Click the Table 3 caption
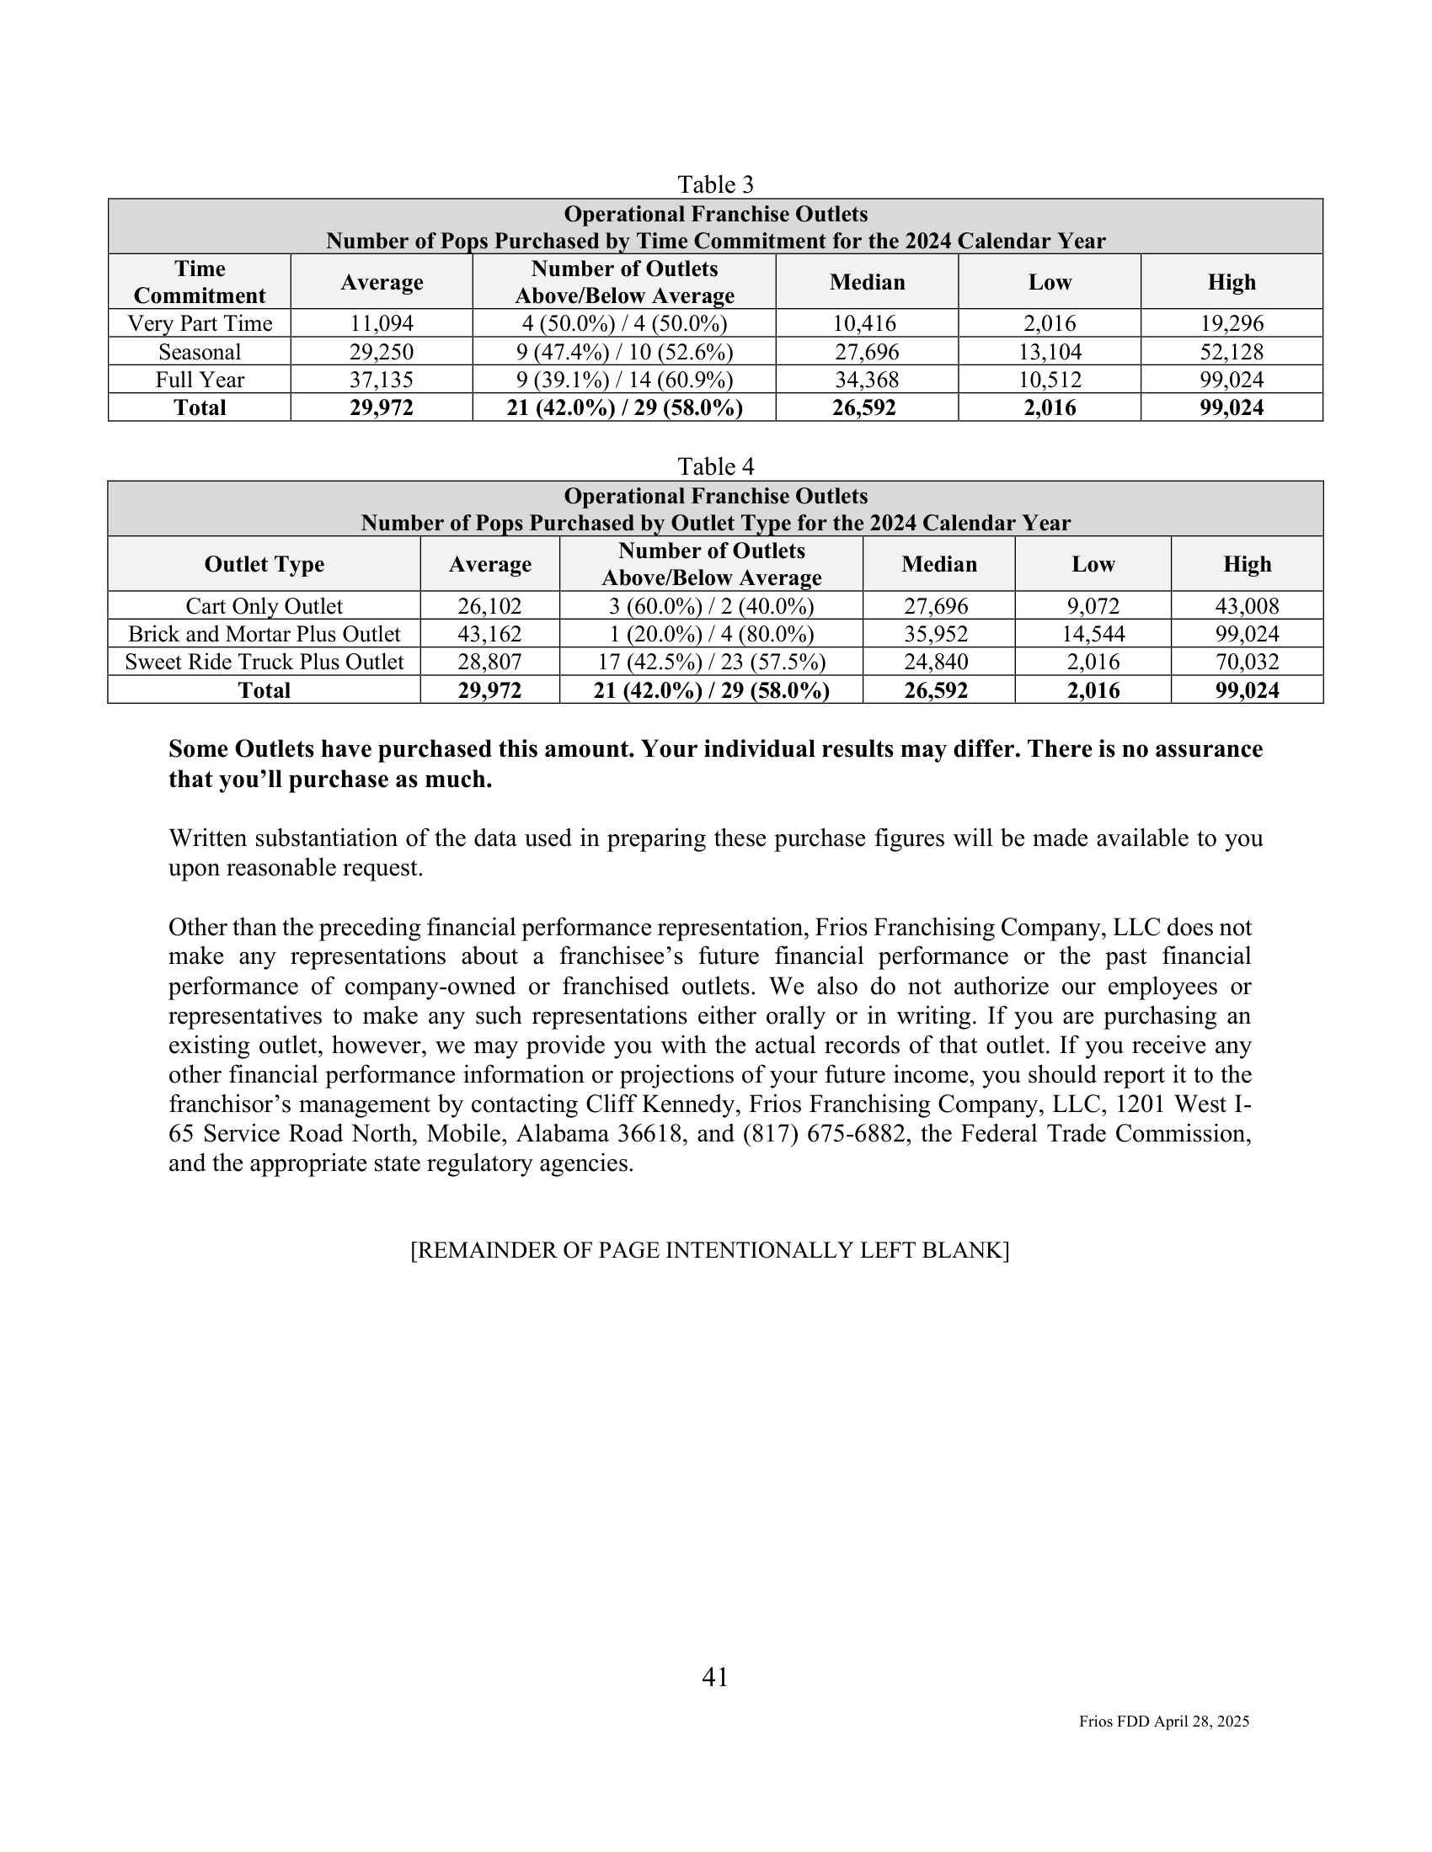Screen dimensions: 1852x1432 [x=715, y=184]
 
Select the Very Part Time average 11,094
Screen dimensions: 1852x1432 [x=382, y=323]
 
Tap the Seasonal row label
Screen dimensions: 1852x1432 [x=200, y=352]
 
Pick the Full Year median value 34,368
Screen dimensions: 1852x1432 [x=866, y=380]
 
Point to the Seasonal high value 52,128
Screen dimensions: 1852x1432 [x=1231, y=352]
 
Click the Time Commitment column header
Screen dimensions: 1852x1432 [x=200, y=282]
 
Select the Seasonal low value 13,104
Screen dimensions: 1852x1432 [x=1050, y=352]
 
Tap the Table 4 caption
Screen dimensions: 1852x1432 [x=715, y=466]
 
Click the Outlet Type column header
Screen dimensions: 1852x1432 [x=264, y=565]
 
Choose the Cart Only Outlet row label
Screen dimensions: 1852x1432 [x=264, y=606]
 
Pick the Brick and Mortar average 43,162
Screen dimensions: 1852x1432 [x=489, y=634]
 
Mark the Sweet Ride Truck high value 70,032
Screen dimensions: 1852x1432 [x=1246, y=663]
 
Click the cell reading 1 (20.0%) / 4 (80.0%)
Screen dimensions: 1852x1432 [x=711, y=634]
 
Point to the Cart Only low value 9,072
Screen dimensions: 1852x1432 [x=1093, y=606]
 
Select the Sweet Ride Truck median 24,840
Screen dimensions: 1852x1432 [x=938, y=663]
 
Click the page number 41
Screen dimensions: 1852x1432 [x=715, y=1677]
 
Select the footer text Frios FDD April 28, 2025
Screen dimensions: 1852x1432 [x=1164, y=1722]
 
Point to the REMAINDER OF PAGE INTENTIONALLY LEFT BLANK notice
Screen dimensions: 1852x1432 [x=709, y=1251]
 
